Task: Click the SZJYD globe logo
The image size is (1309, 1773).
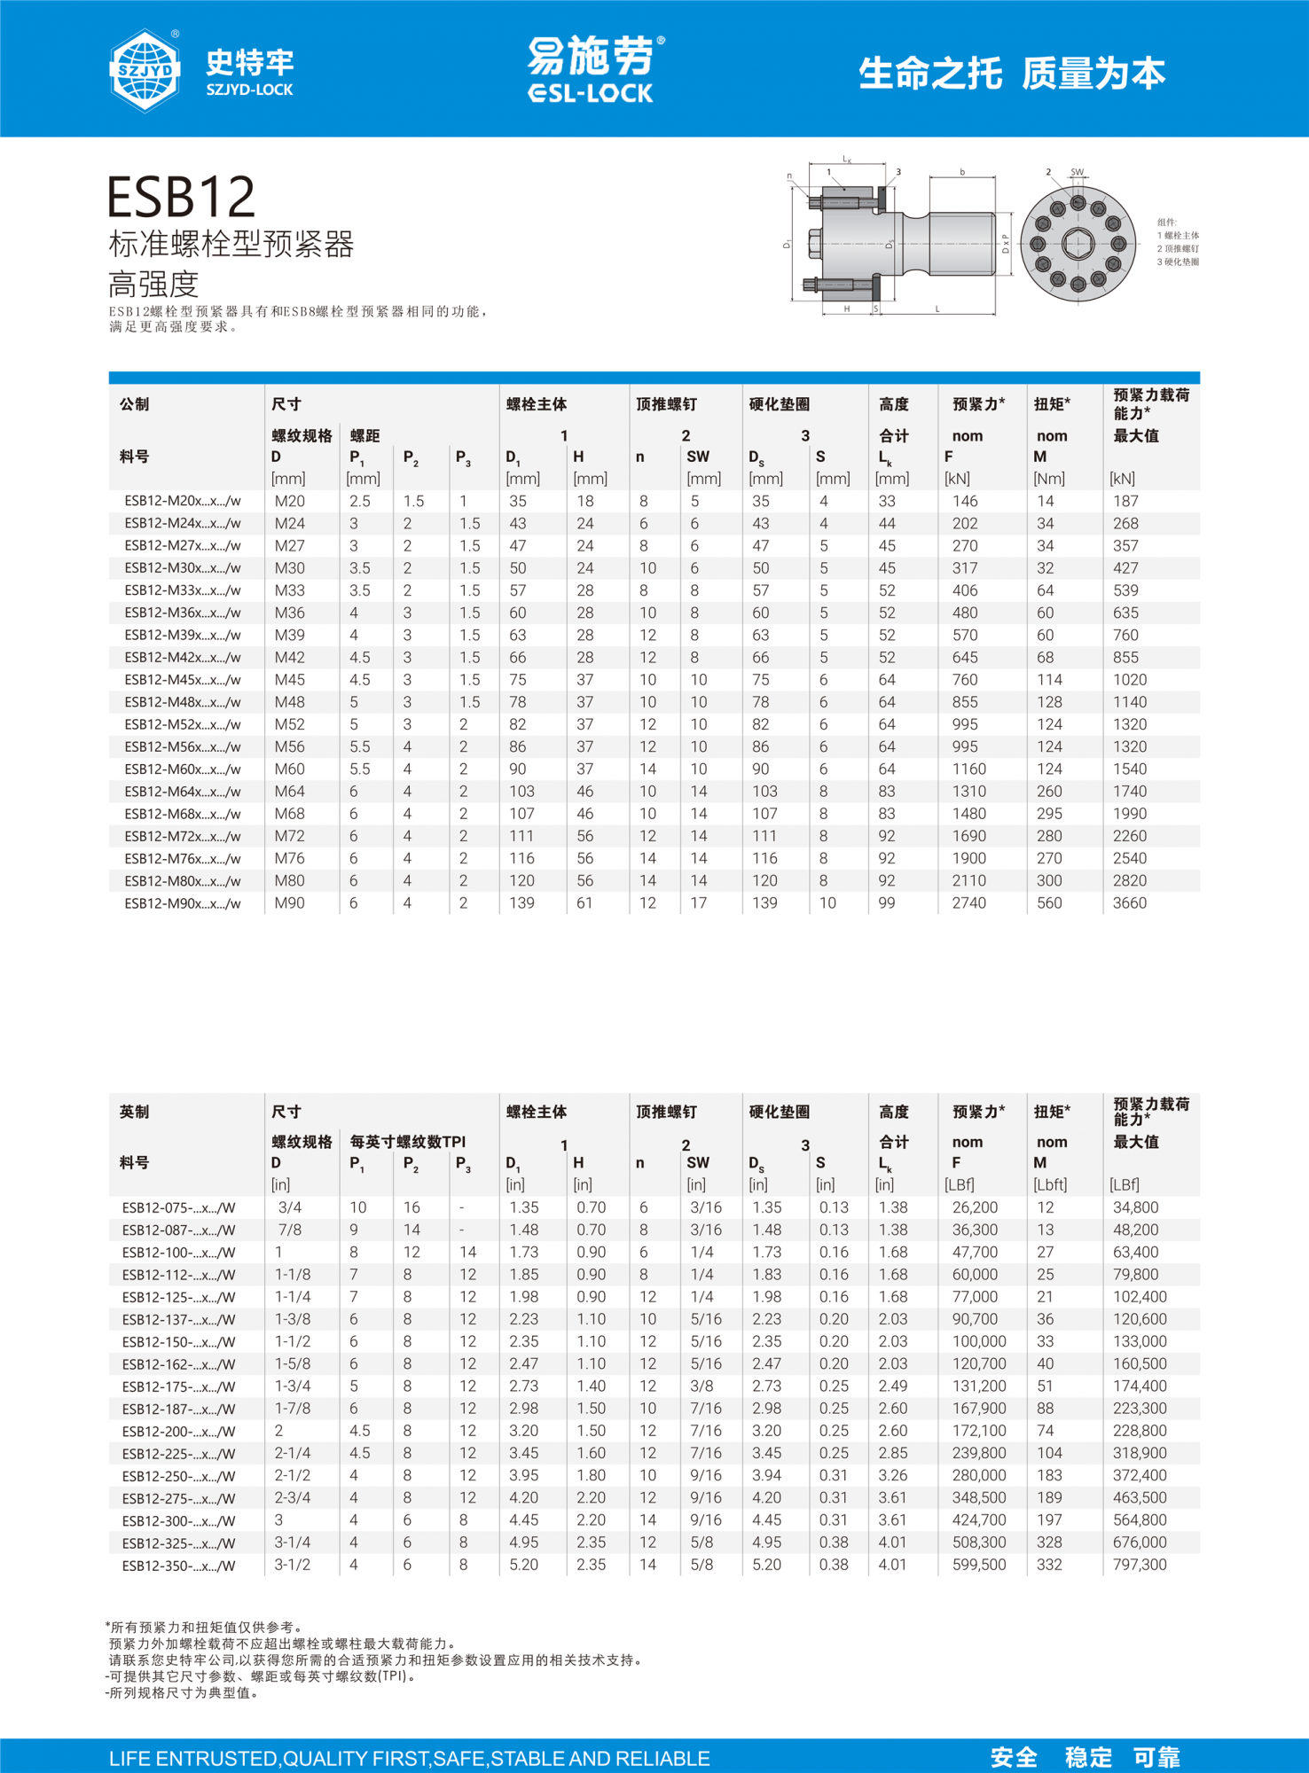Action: click(145, 70)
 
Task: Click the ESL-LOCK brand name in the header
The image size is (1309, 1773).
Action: click(590, 93)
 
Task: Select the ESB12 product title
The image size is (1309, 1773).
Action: click(182, 197)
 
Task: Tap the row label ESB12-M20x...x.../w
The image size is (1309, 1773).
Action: click(183, 502)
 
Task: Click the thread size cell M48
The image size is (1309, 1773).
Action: click(290, 702)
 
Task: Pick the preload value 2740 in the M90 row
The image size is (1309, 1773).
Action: click(968, 903)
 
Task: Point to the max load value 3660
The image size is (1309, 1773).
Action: click(1129, 903)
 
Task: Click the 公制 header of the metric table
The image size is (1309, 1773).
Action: click(135, 404)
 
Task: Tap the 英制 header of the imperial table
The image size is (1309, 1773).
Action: click(135, 1112)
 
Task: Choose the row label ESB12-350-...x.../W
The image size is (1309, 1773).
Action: click(179, 1566)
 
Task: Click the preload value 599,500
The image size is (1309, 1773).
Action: click(979, 1565)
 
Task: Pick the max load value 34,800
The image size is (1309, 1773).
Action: click(1135, 1207)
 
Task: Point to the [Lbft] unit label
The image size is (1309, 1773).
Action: click(1050, 1184)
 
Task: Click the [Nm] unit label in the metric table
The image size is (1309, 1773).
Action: click(1048, 479)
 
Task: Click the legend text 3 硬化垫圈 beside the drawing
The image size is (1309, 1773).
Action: click(1178, 262)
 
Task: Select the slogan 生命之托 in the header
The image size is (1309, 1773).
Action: click(929, 74)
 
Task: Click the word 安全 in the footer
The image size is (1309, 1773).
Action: click(1014, 1757)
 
